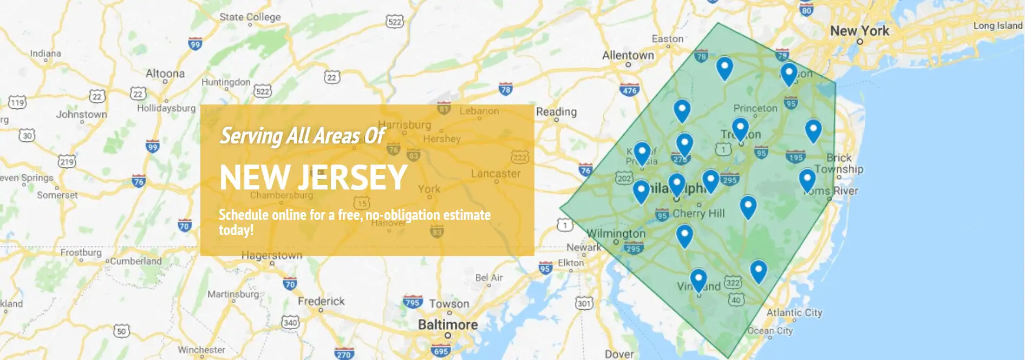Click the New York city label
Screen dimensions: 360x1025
[x=859, y=31]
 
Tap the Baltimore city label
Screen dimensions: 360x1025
[x=448, y=325]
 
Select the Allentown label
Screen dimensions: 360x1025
[x=628, y=55]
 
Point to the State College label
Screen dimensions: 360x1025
[x=250, y=17]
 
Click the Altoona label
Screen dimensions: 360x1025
[x=165, y=73]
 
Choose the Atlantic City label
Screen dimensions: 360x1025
[x=794, y=312]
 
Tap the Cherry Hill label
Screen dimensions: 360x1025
[x=698, y=213]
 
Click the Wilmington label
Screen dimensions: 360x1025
[x=616, y=233]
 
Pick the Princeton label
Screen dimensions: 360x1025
[x=755, y=108]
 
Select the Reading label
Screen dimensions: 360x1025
[x=556, y=112]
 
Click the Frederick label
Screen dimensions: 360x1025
[x=321, y=301]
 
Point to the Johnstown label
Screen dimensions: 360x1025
[x=81, y=114]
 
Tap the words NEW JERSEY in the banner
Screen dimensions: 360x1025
[x=314, y=177]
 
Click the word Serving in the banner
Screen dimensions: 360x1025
[x=251, y=135]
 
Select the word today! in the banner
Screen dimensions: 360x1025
[x=236, y=230]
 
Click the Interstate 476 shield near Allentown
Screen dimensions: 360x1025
[x=630, y=90]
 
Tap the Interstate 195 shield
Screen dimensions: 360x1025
[x=795, y=157]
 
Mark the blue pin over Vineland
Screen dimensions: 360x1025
[x=698, y=280]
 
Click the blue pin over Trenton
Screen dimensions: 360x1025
[x=740, y=129]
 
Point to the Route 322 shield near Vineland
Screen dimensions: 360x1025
[x=733, y=282]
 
